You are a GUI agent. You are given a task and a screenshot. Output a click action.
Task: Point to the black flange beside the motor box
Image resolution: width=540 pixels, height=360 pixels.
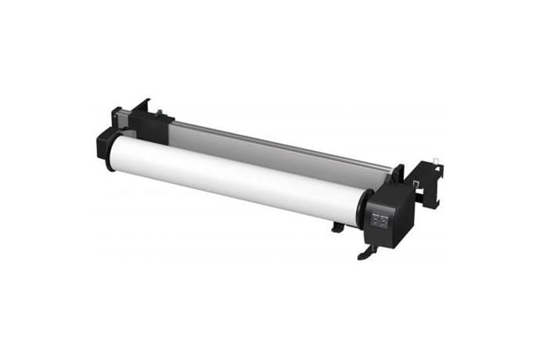(x=362, y=208)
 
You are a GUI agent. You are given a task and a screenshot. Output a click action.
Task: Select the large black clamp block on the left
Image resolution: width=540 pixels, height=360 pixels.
(x=149, y=125)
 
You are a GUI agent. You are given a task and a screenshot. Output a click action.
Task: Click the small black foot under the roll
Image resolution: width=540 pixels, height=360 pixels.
(x=337, y=227)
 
